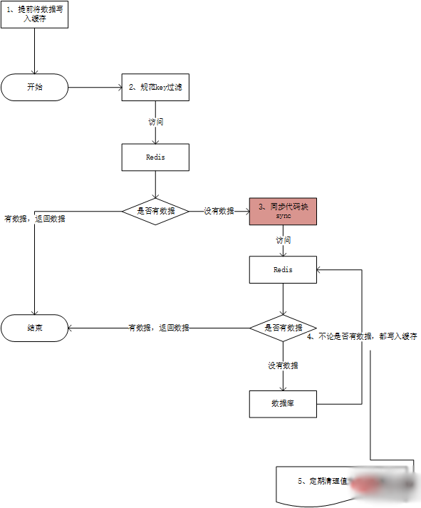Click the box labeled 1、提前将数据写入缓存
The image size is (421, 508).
point(34,14)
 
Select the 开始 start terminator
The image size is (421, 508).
point(34,88)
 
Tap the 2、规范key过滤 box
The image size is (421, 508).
point(155,88)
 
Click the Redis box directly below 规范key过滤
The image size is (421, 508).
point(155,157)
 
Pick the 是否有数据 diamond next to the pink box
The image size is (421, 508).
point(155,211)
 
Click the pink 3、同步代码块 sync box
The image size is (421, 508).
point(282,211)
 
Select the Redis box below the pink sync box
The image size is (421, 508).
point(283,270)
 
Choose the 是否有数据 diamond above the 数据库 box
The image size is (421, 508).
point(283,328)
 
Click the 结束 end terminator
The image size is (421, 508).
point(34,328)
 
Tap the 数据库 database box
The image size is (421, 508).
point(283,403)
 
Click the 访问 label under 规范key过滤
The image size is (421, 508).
point(155,122)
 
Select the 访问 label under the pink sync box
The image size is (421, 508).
point(283,241)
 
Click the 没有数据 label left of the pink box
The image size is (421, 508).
point(219,211)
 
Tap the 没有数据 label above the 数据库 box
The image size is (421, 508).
point(283,366)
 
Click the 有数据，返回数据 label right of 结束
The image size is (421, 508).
point(158,328)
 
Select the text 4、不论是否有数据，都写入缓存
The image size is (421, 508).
point(362,336)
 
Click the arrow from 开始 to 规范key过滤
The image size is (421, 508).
point(95,88)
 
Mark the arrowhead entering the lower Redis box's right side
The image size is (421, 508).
point(321,270)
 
